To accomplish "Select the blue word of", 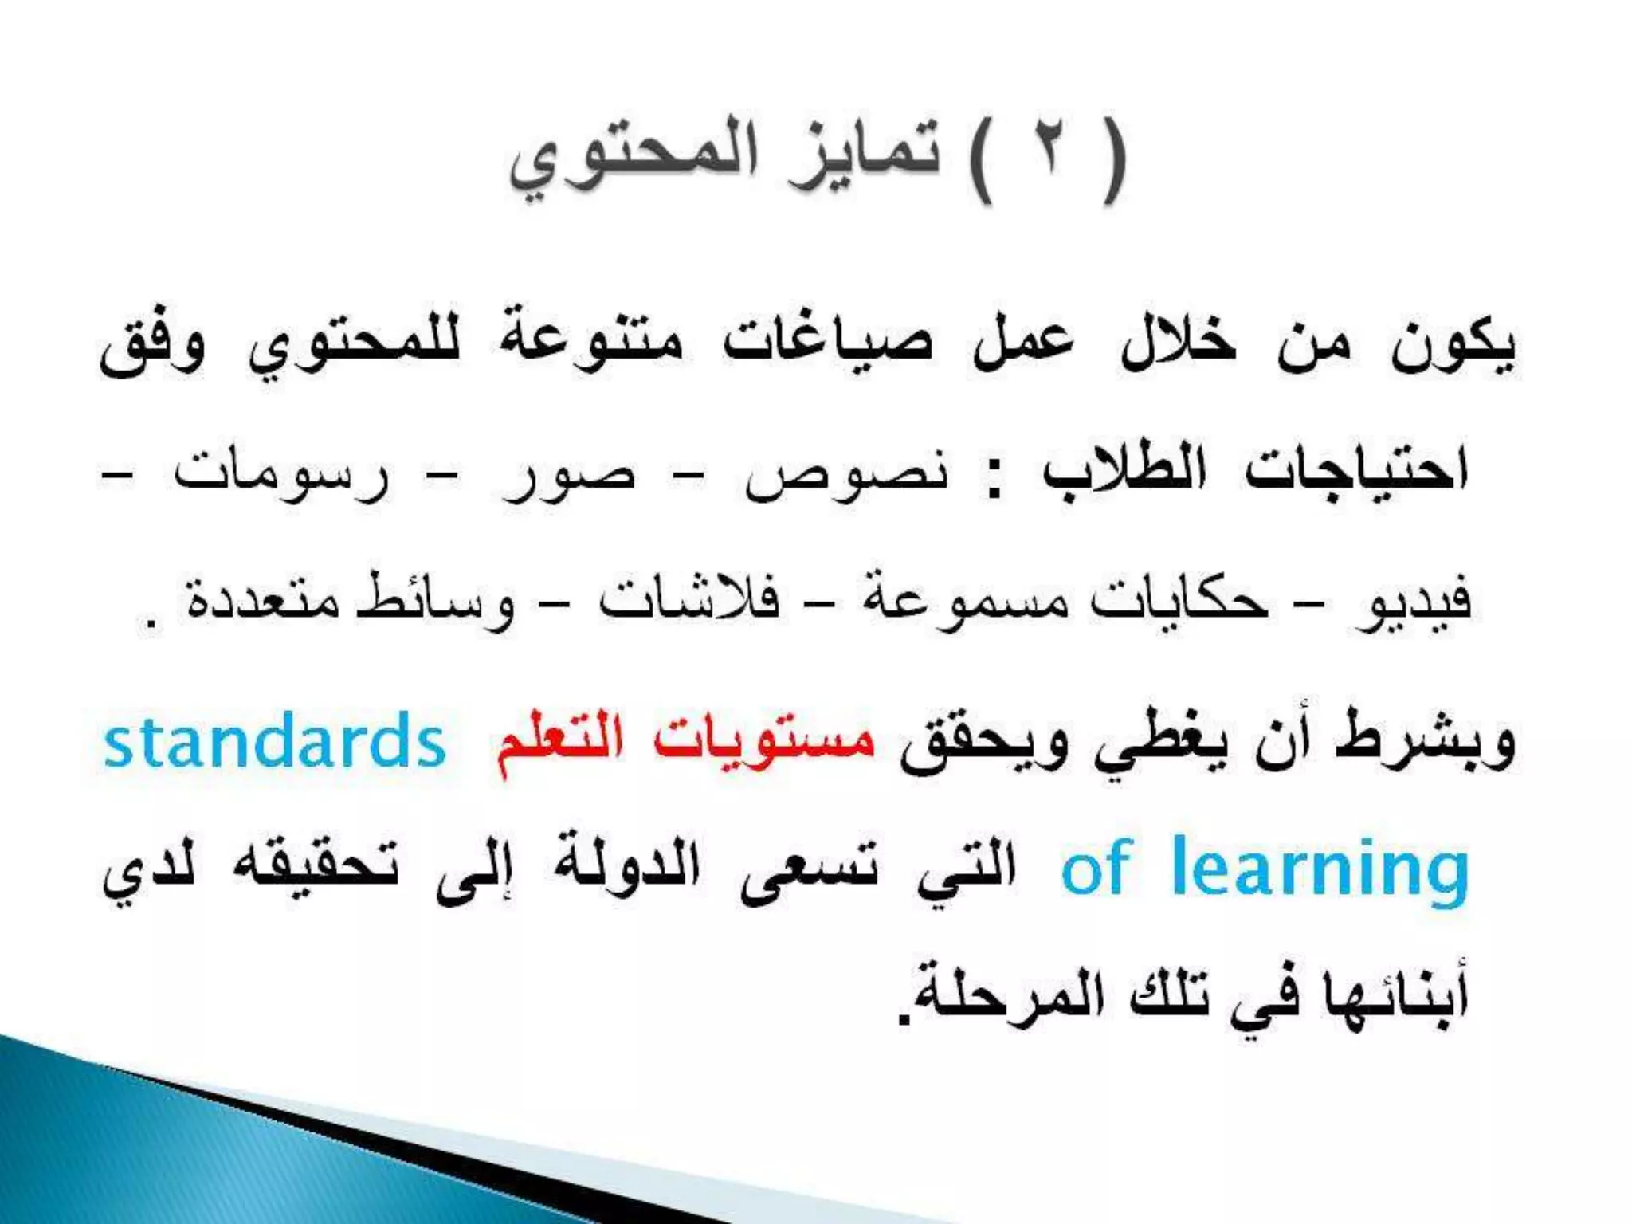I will pyautogui.click(x=1095, y=867).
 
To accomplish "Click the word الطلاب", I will pyautogui.click(x=1124, y=470).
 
